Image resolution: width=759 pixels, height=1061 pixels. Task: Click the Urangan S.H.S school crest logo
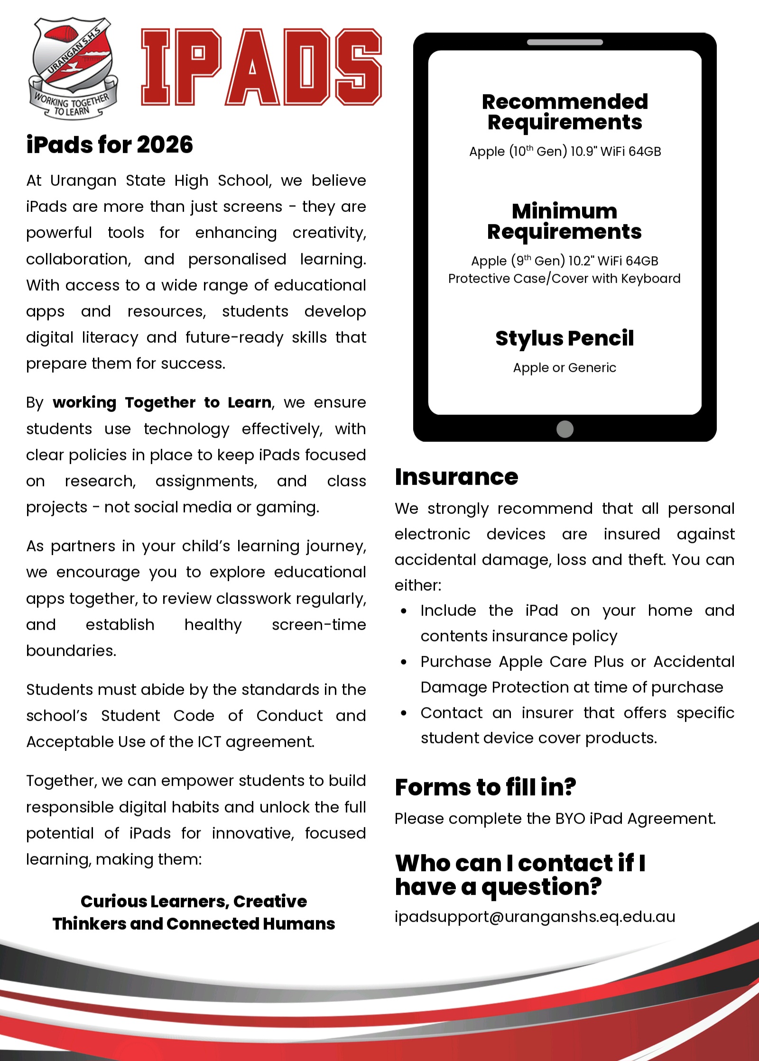coord(73,68)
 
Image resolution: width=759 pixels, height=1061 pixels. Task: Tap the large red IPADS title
coord(261,67)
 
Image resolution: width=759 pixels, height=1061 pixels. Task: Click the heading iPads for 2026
coord(110,145)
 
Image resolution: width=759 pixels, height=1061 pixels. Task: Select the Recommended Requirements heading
coord(565,112)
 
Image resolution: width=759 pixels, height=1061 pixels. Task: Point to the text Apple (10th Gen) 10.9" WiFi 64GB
coord(565,152)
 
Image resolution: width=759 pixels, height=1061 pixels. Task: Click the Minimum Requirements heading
coord(565,221)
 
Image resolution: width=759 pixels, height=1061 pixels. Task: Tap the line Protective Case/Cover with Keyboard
coord(565,279)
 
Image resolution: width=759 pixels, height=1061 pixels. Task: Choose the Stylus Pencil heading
coord(565,338)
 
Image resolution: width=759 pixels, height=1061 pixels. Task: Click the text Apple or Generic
coord(565,368)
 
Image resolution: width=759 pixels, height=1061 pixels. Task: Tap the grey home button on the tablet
coord(565,429)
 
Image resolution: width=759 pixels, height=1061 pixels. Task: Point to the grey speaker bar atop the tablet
coord(565,42)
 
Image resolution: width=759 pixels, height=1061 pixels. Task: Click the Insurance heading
coord(456,477)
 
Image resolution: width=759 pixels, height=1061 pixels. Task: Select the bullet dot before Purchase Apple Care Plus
coord(404,662)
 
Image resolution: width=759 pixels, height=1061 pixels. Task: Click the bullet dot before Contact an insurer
coord(404,713)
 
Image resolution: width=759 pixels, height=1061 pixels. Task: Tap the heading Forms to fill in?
coord(485,787)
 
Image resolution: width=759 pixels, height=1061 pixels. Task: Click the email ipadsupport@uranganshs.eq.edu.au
coord(535,917)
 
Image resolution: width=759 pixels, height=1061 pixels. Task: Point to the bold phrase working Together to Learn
coord(162,402)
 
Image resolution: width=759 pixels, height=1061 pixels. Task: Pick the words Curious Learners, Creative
coord(194,901)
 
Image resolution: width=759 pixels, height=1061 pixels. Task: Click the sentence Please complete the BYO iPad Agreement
coord(555,819)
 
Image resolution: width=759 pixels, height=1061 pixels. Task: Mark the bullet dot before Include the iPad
coord(404,611)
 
